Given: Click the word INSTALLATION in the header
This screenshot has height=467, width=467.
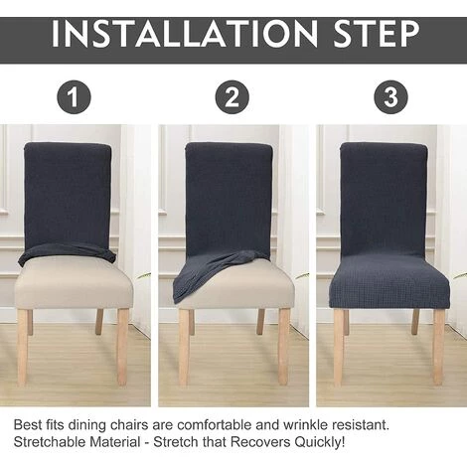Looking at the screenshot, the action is tap(184, 34).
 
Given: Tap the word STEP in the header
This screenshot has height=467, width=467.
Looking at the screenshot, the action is tap(377, 34).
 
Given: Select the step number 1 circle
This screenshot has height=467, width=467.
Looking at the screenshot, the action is tap(74, 97).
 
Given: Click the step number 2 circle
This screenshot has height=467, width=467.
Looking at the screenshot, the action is tap(232, 97).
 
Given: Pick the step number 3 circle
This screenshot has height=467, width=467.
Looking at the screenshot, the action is tap(390, 97).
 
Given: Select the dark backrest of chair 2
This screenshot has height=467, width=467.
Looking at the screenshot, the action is tap(229, 199).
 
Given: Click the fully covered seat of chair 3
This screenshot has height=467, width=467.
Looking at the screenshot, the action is tap(389, 281).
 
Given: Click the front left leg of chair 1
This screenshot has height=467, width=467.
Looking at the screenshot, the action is tap(22, 347).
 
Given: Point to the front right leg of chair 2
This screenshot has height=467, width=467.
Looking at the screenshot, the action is tap(283, 347).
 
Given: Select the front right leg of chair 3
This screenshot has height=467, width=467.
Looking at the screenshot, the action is tap(439, 347).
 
